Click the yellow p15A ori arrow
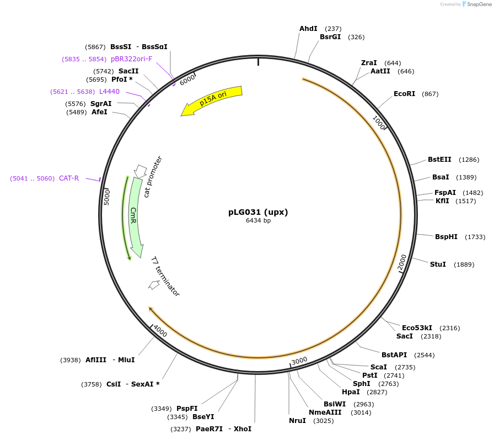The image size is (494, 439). tap(212, 99)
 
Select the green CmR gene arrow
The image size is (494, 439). tap(136, 213)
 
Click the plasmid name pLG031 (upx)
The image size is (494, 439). tap(258, 212)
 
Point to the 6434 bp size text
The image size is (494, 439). tap(258, 221)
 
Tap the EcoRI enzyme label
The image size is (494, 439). tap(404, 94)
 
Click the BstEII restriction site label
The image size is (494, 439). tap(439, 160)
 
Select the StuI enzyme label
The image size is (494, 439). tap(438, 265)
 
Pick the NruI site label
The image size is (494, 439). tap(297, 421)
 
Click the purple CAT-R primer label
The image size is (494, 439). tap(69, 178)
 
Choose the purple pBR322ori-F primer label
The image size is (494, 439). tap(131, 59)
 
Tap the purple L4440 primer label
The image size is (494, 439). tap(109, 92)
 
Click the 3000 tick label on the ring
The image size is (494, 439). tap(299, 361)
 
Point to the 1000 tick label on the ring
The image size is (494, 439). tap(379, 122)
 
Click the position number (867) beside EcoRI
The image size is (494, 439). tap(430, 94)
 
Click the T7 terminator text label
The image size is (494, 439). tap(165, 277)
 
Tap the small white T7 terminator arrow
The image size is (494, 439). tap(154, 285)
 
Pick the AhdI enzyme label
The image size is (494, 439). tap(308, 29)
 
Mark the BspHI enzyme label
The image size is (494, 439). tap(446, 237)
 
